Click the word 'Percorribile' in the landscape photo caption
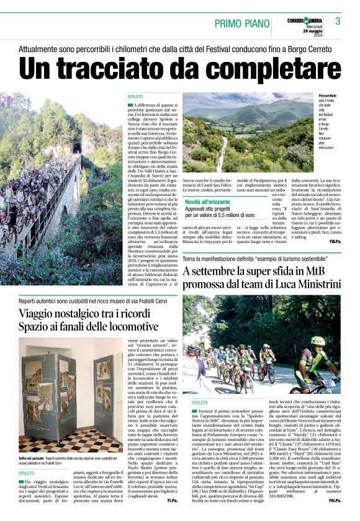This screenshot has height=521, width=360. pos(328,97)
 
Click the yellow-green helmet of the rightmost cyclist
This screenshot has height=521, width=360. pos(317,341)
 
